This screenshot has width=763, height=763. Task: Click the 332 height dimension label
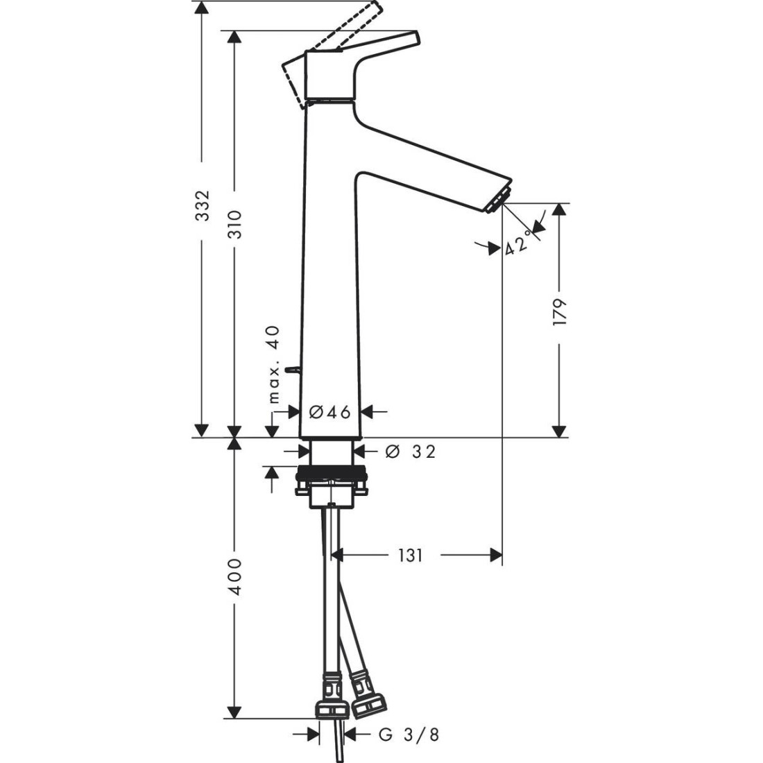202,205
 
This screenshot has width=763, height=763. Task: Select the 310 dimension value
235,224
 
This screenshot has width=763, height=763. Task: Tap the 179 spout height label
560,312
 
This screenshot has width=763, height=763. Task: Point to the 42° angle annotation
517,244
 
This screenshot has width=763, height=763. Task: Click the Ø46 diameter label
330,412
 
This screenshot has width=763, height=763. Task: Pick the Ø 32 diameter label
410,452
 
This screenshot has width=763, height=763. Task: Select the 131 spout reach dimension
410,555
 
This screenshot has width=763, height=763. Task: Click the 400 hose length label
235,576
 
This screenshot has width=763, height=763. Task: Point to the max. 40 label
275,364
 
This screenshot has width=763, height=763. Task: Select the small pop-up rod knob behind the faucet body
293,369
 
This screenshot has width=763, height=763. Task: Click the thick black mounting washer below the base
330,472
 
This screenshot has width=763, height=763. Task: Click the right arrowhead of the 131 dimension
497,555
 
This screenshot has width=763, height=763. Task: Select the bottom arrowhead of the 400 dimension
235,712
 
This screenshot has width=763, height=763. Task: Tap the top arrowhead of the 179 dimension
560,209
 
